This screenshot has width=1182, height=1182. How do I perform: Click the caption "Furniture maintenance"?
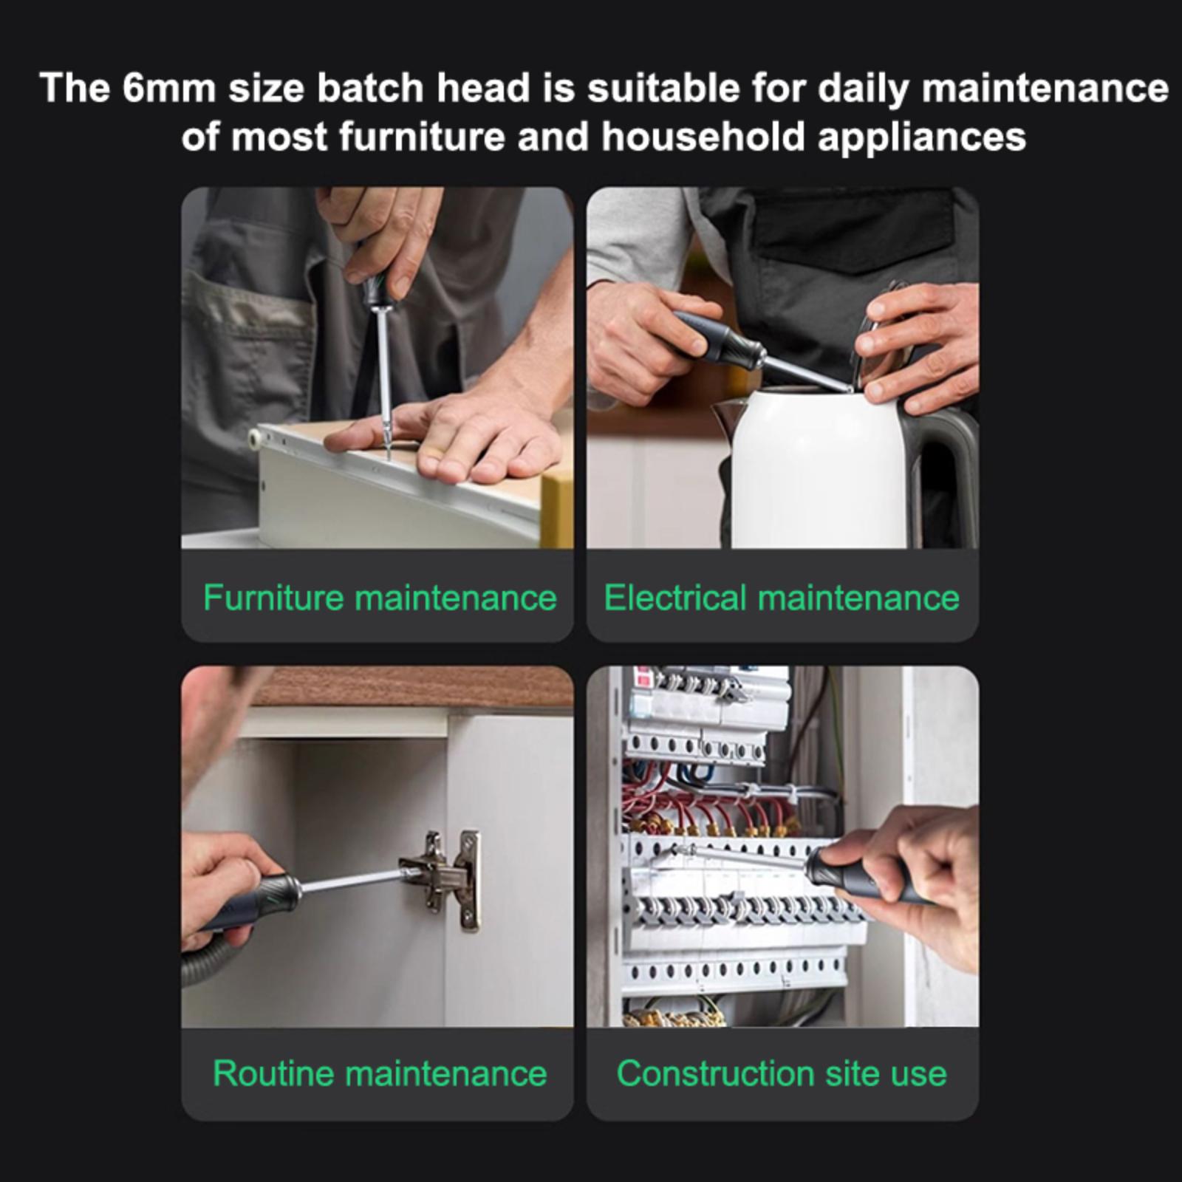[x=380, y=598]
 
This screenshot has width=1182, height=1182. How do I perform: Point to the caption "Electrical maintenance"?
[x=782, y=598]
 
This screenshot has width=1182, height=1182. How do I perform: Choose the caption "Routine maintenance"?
[x=380, y=1073]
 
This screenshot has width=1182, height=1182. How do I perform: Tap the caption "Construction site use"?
[x=782, y=1073]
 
